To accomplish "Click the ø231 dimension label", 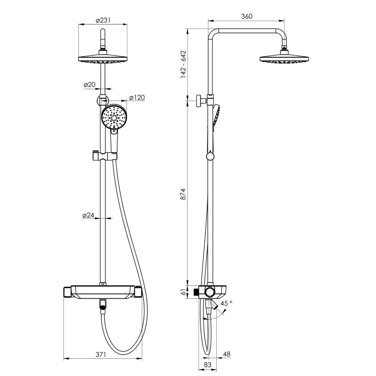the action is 103,20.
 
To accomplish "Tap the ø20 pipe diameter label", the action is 89,85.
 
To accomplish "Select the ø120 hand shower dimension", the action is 137,97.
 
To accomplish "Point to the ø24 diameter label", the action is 88,215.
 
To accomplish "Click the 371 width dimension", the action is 101,354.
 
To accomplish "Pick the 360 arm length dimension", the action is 247,16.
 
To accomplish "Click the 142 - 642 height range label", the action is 183,64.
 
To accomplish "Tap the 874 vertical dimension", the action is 183,194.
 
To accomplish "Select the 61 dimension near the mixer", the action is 183,292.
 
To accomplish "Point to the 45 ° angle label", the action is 227,303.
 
